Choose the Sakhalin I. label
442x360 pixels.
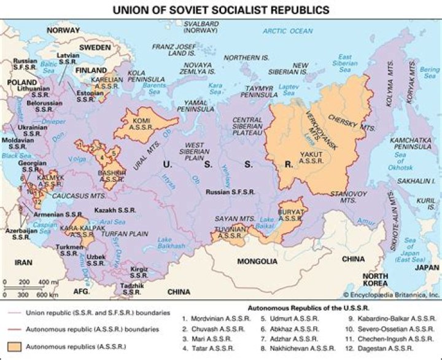click(415, 182)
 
